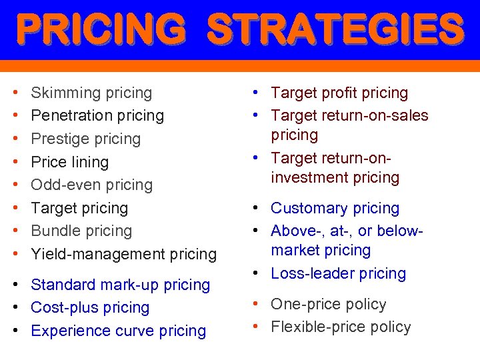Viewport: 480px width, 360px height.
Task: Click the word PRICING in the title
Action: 101,29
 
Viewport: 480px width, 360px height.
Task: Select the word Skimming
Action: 63,93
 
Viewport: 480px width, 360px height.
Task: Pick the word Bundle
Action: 53,231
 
